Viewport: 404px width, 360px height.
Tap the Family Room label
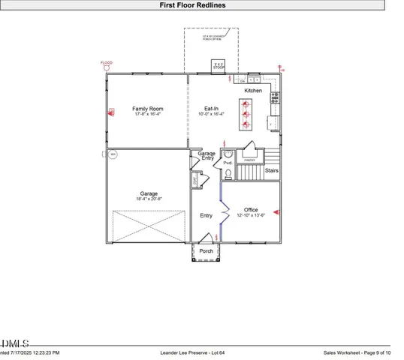click(x=148, y=109)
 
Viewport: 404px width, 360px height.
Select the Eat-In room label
click(x=212, y=109)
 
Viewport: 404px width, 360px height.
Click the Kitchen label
click(x=253, y=91)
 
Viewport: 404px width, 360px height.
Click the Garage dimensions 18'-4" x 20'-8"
click(x=148, y=199)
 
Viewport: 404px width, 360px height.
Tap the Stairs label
click(x=272, y=170)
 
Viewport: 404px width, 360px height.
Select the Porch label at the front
click(x=206, y=250)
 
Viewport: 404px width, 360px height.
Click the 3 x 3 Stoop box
click(x=218, y=66)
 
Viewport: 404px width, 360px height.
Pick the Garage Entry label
click(x=207, y=156)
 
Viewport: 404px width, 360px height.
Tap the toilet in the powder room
click(x=227, y=175)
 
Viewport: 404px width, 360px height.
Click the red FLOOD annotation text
click(x=107, y=62)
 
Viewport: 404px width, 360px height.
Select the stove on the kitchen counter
click(x=275, y=96)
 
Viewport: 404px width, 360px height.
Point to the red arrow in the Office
click(x=276, y=212)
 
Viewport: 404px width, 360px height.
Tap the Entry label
click(x=206, y=216)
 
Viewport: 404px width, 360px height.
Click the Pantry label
click(x=249, y=160)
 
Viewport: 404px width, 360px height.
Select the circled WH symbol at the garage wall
click(x=113, y=154)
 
